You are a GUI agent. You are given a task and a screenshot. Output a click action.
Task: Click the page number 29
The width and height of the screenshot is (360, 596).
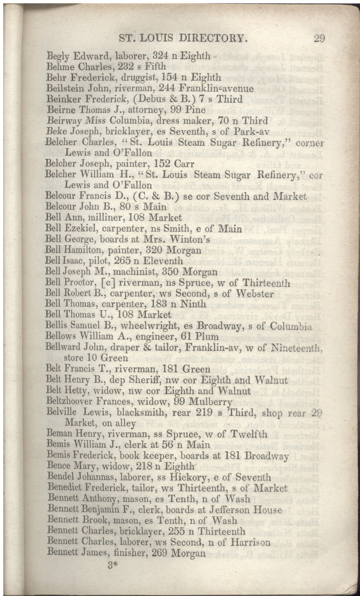coord(319,39)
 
